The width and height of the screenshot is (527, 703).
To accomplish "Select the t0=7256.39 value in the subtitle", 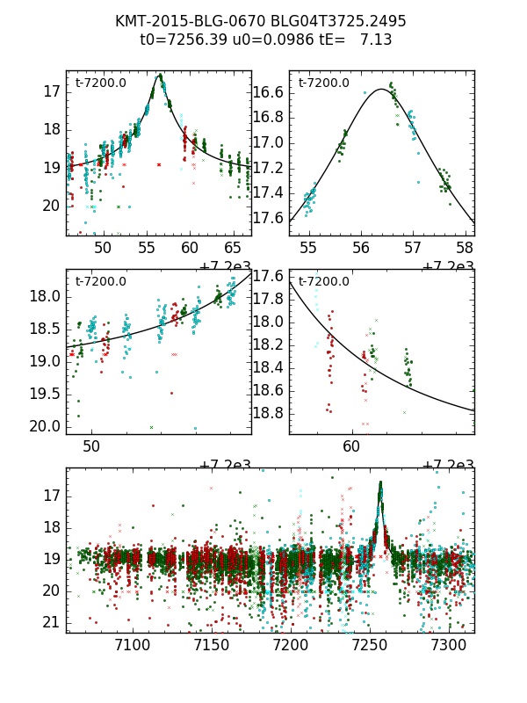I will [183, 40].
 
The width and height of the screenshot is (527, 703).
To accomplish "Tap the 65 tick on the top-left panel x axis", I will [233, 248].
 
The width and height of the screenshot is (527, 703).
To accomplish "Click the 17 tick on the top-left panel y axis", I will [51, 91].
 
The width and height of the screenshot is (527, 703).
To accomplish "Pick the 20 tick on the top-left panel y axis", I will [51, 206].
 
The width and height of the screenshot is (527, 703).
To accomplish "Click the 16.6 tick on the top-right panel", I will [268, 92].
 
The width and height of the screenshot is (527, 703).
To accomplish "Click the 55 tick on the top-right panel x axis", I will [309, 248].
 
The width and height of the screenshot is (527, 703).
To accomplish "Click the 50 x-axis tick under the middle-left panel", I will [91, 446].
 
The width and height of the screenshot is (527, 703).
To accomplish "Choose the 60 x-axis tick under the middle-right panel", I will [351, 446].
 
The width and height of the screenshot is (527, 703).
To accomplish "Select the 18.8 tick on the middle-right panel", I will [268, 413].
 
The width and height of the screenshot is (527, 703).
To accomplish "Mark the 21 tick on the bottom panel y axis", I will [51, 622].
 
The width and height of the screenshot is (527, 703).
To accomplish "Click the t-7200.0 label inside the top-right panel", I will [323, 83].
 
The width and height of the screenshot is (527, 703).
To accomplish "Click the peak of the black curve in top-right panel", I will [382, 89].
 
